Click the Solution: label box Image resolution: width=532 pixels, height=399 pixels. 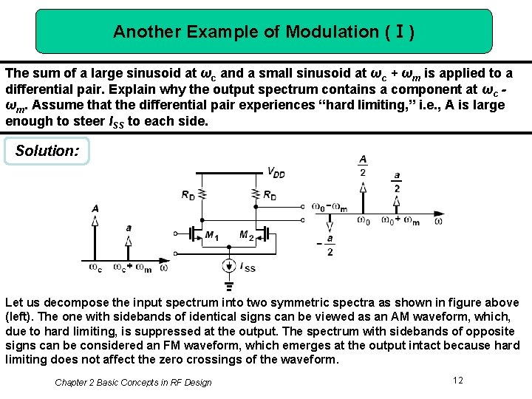pos(47,151)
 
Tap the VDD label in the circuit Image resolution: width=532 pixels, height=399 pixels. pos(275,173)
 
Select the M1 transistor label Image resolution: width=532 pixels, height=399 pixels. pos(211,236)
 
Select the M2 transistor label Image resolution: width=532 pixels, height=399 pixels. pos(246,236)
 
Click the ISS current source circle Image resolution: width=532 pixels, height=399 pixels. pos(229,266)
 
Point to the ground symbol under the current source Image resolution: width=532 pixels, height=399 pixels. pos(229,285)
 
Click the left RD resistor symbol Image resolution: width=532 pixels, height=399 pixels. pos(202,194)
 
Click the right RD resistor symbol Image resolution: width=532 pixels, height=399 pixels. pos(256,194)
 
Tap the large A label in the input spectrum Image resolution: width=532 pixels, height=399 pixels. pos(95,208)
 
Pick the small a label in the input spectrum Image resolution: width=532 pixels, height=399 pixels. pos(129,228)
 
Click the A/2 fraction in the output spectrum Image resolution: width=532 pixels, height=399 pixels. pos(363,166)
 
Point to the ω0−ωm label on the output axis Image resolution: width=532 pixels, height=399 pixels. pos(330,208)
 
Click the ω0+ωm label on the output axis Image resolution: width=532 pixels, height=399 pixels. pos(400,220)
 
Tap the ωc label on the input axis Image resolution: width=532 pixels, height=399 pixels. pos(95,267)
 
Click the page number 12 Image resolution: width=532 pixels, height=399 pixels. pos(458,380)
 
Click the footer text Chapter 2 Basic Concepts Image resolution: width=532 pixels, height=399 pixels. pos(133,382)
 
